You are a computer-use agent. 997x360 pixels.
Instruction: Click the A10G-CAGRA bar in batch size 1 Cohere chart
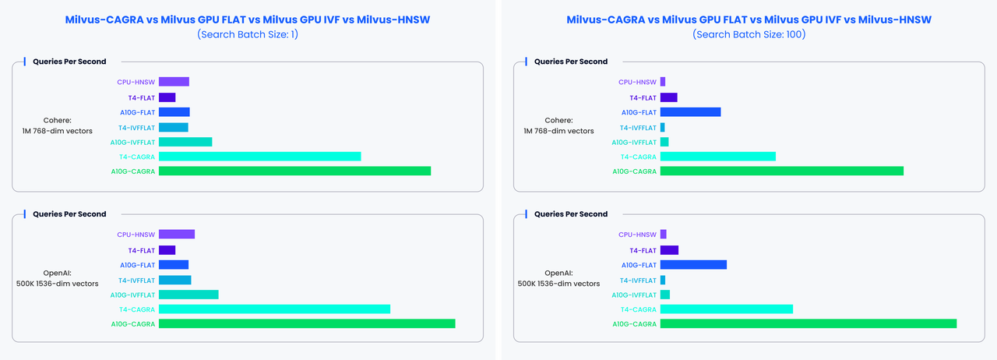294,171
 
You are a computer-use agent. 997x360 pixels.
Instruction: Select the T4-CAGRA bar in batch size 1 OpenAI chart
274,309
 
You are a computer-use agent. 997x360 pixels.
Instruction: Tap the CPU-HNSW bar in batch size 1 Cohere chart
174,82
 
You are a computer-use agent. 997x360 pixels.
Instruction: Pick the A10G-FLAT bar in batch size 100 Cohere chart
690,112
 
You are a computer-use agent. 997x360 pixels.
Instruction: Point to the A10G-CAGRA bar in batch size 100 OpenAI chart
808,324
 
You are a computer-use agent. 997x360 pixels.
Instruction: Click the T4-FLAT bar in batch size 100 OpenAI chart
669,250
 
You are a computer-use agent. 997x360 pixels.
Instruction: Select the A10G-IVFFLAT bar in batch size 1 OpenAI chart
188,295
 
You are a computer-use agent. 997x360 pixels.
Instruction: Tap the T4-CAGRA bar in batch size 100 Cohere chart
717,157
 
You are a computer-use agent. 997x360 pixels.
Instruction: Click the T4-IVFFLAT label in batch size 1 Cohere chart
137,127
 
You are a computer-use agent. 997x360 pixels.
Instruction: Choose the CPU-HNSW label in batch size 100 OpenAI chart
637,235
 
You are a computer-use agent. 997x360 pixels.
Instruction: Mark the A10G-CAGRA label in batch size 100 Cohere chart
634,171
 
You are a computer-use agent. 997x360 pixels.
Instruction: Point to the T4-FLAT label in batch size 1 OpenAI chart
142,250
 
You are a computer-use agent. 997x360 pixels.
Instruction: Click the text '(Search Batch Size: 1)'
248,34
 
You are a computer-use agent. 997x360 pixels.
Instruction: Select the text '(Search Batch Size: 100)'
749,34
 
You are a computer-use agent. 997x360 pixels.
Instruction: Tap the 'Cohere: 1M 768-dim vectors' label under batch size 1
58,125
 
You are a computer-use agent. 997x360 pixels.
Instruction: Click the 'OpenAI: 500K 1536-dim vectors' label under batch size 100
558,278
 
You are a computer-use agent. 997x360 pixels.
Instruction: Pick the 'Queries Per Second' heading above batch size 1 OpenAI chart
69,214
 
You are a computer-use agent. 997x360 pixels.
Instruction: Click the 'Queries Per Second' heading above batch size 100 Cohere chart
571,62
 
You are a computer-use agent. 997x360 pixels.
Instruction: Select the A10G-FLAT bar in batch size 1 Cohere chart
174,112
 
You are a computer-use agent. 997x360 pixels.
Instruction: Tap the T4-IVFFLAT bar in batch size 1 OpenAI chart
174,280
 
